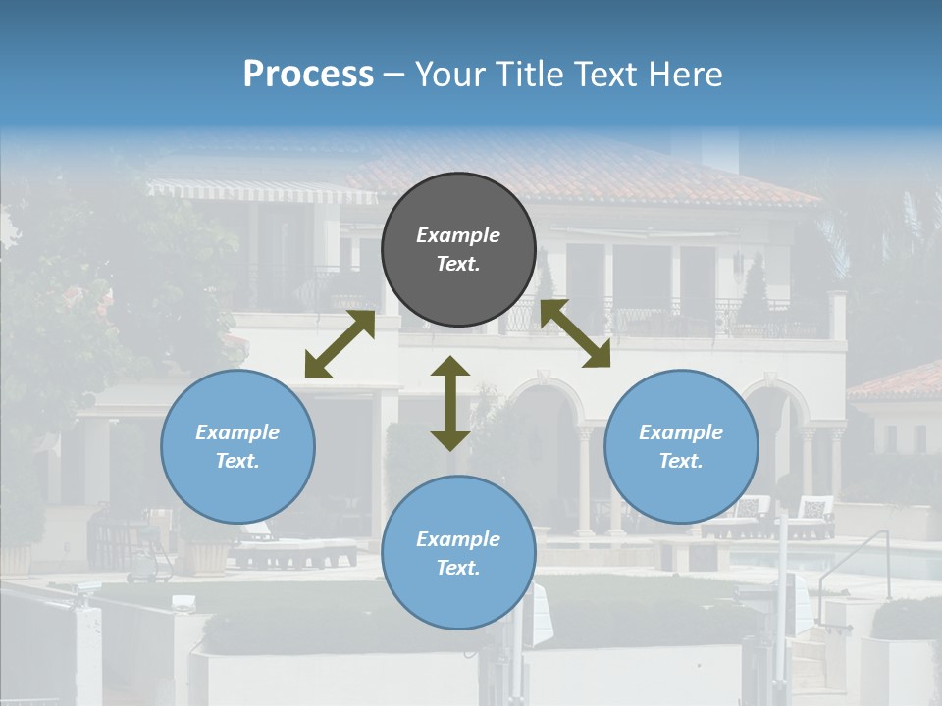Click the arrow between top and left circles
340,344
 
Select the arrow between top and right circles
575,333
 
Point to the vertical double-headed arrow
450,403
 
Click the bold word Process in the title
308,74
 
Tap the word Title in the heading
536,74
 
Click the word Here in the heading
685,74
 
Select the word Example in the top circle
458,235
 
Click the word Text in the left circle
237,461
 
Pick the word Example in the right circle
681,432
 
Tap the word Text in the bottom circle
458,568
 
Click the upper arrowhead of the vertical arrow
450,367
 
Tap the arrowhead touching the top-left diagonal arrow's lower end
316,367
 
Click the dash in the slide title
394,75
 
